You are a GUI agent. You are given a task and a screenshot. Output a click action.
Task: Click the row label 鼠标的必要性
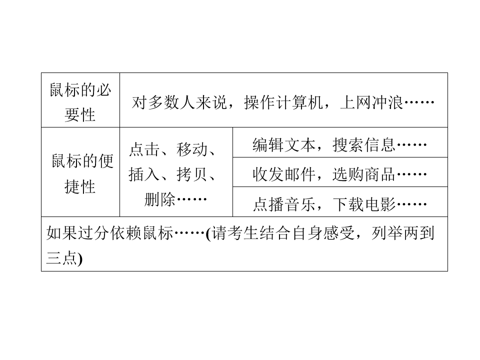coord(80,102)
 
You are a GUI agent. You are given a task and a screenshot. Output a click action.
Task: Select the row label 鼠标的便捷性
coord(82,173)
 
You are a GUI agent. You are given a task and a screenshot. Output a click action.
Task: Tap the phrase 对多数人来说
coord(179,102)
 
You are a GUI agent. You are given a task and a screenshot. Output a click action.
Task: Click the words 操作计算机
coord(283,102)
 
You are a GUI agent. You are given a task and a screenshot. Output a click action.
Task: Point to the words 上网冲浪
coord(371,102)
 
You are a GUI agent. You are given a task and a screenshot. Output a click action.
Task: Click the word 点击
coord(144,149)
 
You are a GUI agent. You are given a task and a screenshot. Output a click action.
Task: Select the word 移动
coord(192,149)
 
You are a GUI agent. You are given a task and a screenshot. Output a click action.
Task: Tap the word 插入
coord(144,174)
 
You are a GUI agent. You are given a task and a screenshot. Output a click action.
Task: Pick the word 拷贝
coord(192,174)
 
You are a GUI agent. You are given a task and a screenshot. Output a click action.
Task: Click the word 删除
coord(160,199)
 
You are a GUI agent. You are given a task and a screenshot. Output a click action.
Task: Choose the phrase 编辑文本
coord(284,145)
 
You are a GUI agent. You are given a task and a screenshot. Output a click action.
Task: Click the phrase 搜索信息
coord(364,145)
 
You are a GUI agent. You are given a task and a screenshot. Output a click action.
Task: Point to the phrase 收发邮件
coord(284,174)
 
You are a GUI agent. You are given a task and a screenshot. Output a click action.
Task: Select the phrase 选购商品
coord(364,174)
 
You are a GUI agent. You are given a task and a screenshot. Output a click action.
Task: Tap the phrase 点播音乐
coord(284,204)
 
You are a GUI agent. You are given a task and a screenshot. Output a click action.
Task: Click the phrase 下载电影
coord(364,204)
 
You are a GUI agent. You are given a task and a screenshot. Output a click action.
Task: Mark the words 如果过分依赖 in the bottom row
coord(94,233)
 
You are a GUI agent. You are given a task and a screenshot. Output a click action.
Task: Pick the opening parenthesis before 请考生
coord(208,234)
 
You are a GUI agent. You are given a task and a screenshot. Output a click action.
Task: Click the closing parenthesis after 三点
coord(80,259)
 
